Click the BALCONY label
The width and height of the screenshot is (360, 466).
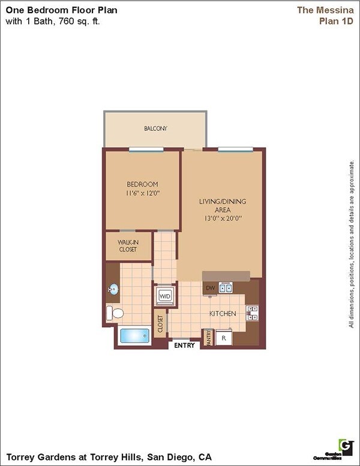point(155,129)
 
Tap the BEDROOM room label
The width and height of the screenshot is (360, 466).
point(142,184)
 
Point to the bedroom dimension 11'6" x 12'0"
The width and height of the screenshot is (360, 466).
point(143,193)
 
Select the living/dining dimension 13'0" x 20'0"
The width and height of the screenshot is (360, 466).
point(223,219)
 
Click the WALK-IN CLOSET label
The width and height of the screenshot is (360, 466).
point(127,246)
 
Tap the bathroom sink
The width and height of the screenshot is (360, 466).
point(113,290)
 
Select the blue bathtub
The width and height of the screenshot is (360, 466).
point(134,336)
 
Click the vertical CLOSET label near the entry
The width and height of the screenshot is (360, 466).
point(160,324)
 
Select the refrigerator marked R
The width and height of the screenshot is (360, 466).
point(224,338)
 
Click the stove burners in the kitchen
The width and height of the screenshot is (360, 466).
point(253,313)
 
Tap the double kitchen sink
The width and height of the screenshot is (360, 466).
point(226,288)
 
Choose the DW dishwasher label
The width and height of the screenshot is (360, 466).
point(210,289)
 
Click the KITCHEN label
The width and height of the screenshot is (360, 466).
point(222,313)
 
